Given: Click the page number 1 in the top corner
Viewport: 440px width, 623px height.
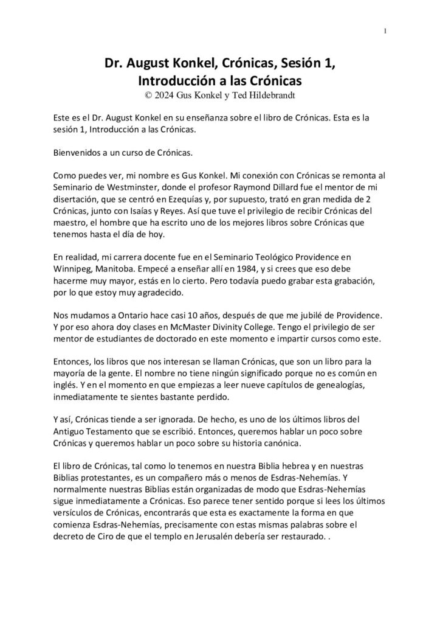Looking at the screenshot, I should click(385, 32).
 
